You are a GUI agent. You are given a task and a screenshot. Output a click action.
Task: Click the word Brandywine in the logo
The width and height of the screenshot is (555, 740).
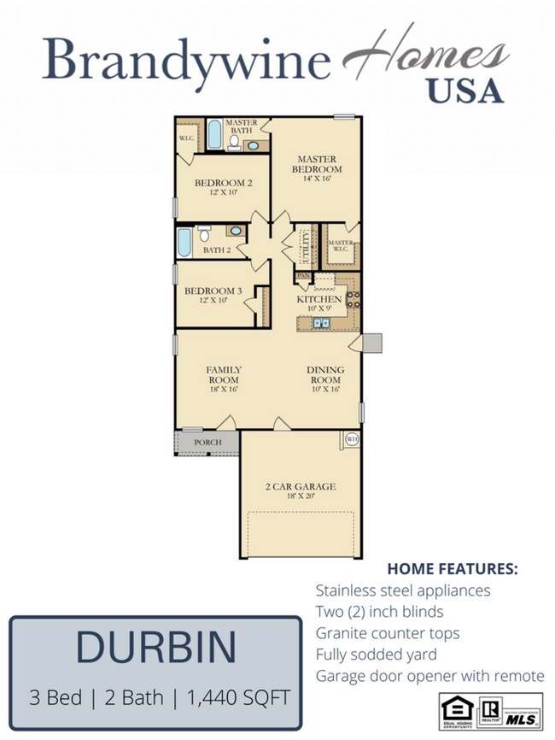(x=187, y=61)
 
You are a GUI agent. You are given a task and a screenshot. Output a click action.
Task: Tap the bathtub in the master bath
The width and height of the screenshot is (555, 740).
(x=213, y=136)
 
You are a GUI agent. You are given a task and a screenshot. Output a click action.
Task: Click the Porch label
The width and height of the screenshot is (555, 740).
(x=207, y=442)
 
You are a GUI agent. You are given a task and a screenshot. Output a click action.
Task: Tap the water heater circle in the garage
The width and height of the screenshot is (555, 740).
(x=352, y=439)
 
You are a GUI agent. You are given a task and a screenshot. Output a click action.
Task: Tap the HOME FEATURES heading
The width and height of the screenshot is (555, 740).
(x=452, y=568)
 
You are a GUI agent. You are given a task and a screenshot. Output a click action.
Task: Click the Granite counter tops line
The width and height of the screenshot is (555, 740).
(x=387, y=633)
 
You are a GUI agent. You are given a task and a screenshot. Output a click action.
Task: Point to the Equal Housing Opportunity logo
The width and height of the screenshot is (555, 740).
(x=452, y=710)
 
